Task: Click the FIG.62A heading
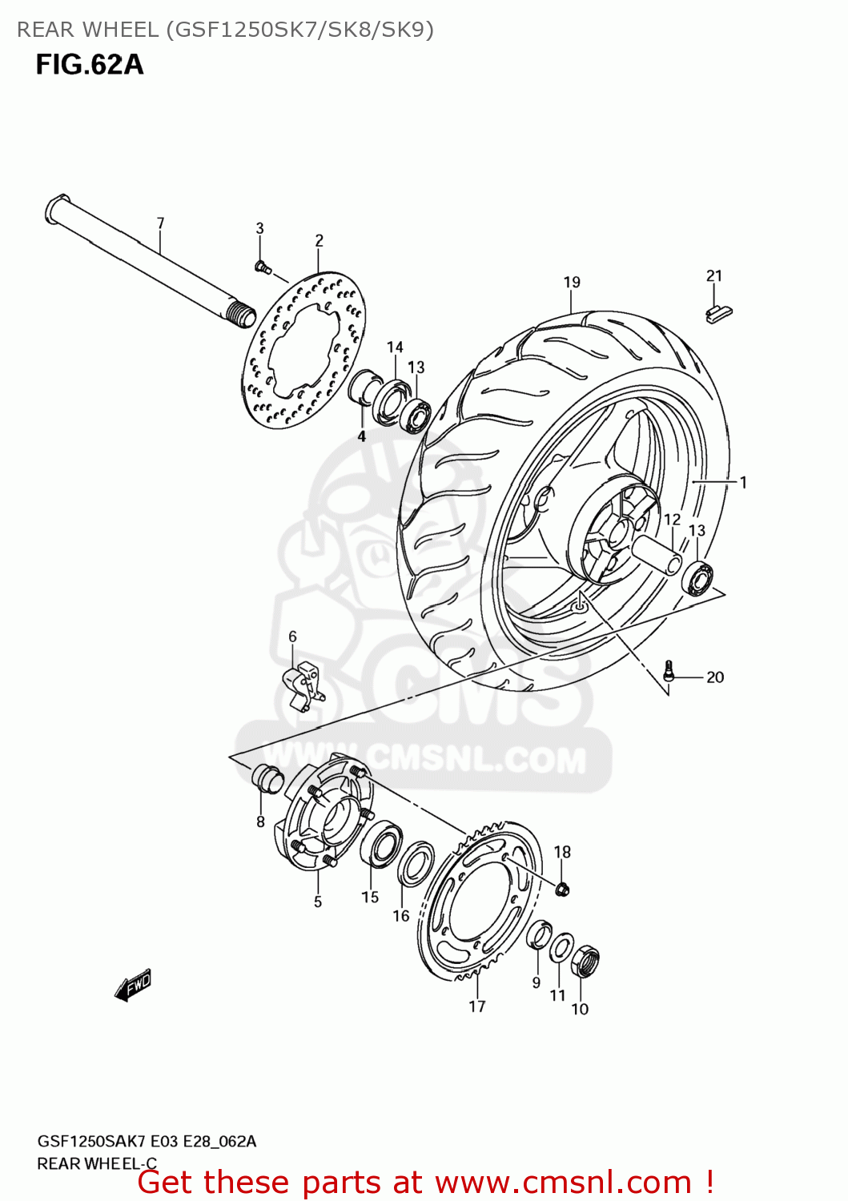[x=90, y=64]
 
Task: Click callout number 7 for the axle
[x=160, y=223]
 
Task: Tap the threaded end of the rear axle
[x=239, y=314]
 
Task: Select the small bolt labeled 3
[x=261, y=265]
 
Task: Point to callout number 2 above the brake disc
[x=319, y=240]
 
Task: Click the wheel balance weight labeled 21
[x=718, y=312]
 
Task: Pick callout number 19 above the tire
[x=572, y=282]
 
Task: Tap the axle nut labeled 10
[x=585, y=960]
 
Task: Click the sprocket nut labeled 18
[x=562, y=888]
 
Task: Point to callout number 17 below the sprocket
[x=477, y=1006]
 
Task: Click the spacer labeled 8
[x=267, y=777]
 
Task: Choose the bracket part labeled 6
[x=303, y=685]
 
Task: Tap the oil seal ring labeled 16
[x=416, y=865]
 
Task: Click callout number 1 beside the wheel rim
[x=743, y=482]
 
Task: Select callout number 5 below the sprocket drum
[x=318, y=902]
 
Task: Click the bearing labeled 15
[x=383, y=846]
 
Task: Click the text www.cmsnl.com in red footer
[x=563, y=1182]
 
